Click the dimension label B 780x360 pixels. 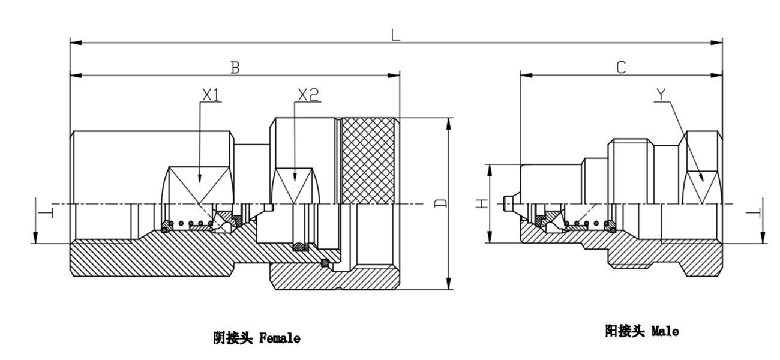[235, 67]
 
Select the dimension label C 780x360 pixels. [621, 67]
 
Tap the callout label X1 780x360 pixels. [211, 95]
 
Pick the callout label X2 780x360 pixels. [308, 95]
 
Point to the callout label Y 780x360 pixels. [661, 95]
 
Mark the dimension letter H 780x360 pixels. [481, 204]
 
